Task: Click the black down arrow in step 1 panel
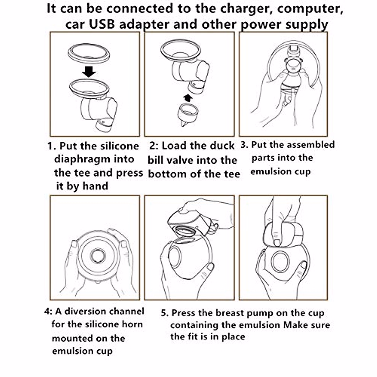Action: coord(89,71)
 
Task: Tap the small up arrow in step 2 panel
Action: coord(188,98)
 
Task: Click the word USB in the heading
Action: coord(102,25)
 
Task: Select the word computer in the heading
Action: coord(310,9)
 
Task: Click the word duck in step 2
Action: coord(222,146)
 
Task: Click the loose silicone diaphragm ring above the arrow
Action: coord(89,53)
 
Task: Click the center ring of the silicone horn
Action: coord(98,256)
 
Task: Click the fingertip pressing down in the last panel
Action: coord(277,243)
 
